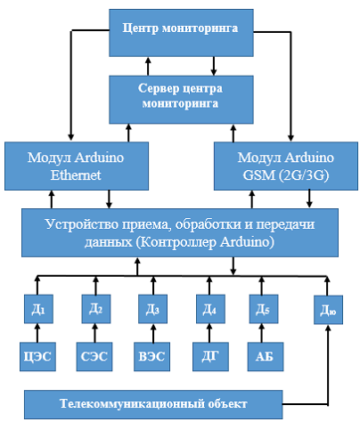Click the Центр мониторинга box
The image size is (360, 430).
(x=181, y=33)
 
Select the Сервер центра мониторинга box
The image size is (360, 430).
(x=181, y=100)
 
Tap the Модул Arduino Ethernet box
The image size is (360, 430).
(x=77, y=166)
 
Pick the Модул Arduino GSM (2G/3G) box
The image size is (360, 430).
(x=286, y=166)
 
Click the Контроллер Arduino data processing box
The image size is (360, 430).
(x=180, y=232)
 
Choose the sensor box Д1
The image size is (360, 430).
(x=38, y=309)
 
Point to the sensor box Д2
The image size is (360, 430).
(x=96, y=309)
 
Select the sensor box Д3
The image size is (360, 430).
(x=152, y=309)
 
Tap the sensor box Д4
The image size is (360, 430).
(x=210, y=309)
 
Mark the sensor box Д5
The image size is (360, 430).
(x=264, y=309)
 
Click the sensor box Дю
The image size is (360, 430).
(x=328, y=310)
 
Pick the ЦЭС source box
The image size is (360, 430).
(x=37, y=357)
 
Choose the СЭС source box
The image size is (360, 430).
(x=94, y=357)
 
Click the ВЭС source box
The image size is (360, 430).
(x=151, y=357)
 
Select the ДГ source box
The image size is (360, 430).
(x=210, y=357)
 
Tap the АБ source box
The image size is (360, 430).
(x=266, y=357)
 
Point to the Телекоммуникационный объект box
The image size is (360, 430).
(x=153, y=404)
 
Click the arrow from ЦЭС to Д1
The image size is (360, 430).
(x=37, y=333)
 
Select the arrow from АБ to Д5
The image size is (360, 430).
(x=262, y=333)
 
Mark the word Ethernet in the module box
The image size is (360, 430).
(x=76, y=175)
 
